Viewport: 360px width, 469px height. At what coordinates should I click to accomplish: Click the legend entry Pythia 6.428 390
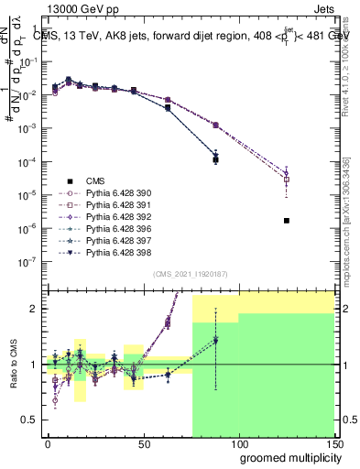pos(109,193)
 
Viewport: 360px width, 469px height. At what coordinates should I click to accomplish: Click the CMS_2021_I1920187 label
pos(191,274)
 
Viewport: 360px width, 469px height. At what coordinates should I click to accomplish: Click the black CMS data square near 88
pos(215,159)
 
